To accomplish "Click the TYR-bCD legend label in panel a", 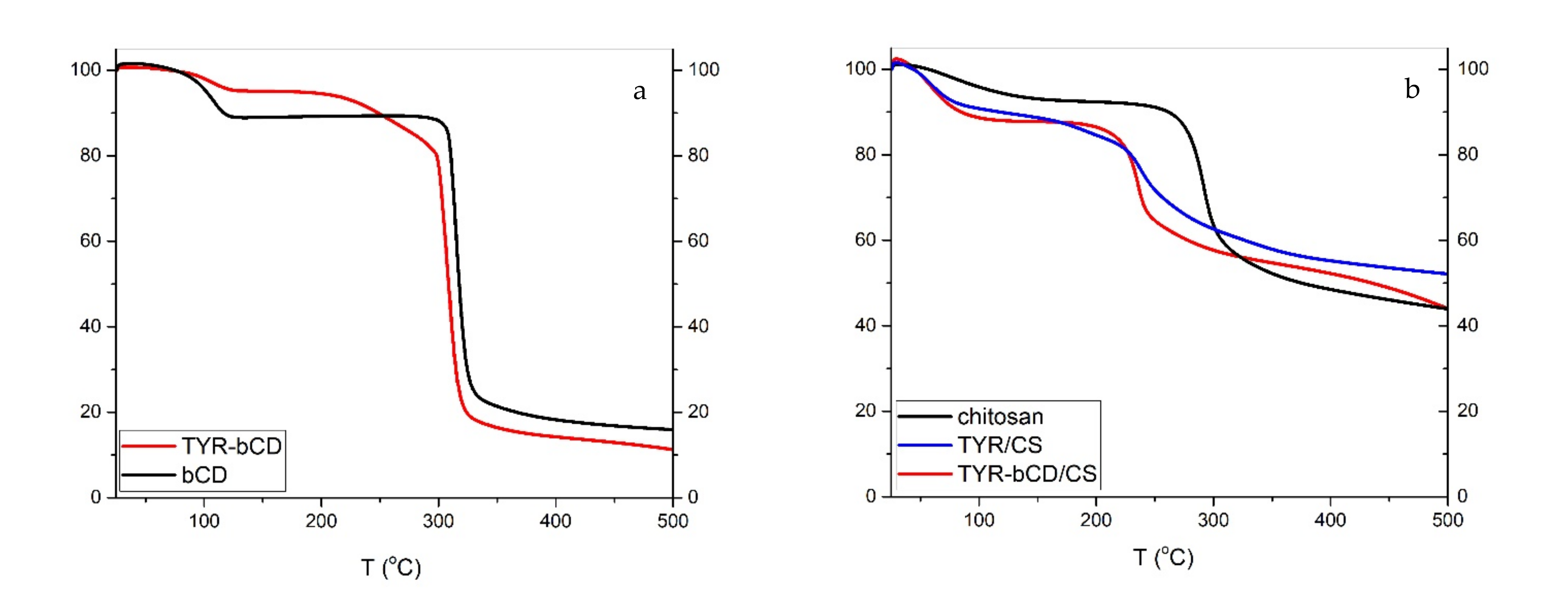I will [231, 446].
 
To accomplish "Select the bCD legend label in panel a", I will [205, 475].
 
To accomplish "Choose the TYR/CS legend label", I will [1000, 445].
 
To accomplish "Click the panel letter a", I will [639, 91].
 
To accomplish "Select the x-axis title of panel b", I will [1164, 557].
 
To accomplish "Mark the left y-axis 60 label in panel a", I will [90, 241].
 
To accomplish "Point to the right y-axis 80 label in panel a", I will [698, 156].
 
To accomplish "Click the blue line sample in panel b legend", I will [925, 445].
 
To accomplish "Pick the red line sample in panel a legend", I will [148, 446].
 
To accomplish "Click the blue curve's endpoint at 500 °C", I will [1446, 274].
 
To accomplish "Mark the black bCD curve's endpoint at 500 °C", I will [672, 430].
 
